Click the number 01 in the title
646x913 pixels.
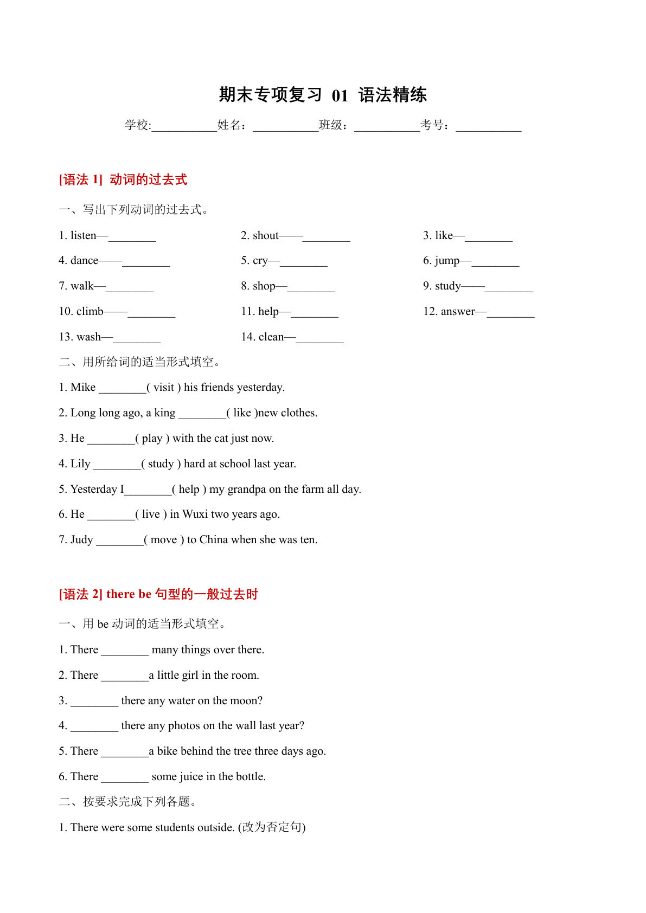pyautogui.click(x=340, y=95)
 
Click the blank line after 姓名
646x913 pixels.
pyautogui.click(x=285, y=126)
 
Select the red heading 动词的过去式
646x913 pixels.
pyautogui.click(x=148, y=179)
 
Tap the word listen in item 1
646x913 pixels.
pyautogui.click(x=84, y=235)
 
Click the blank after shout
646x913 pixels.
pyautogui.click(x=326, y=237)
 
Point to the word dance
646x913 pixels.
pyautogui.click(x=85, y=261)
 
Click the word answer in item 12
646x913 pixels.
pyautogui.click(x=458, y=311)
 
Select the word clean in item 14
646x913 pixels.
pyautogui.click(x=271, y=337)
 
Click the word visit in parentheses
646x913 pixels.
pyautogui.click(x=164, y=387)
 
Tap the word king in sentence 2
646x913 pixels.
pyautogui.click(x=165, y=413)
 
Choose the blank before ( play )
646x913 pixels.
pyautogui.click(x=111, y=440)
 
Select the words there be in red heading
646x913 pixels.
pyautogui.click(x=129, y=594)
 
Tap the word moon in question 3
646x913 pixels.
pyautogui.click(x=250, y=700)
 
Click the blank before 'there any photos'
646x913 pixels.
pyautogui.click(x=94, y=727)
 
